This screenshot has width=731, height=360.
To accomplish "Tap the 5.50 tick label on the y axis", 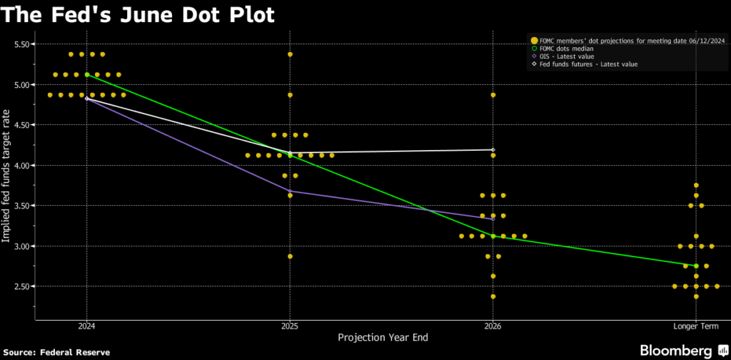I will (24, 44).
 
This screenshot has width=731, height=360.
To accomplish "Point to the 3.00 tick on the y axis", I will (24, 246).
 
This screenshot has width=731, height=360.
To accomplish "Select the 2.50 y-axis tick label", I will (24, 286).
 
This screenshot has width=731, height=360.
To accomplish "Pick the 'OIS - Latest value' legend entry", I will (568, 56).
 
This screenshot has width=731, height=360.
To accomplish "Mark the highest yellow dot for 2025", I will (290, 54).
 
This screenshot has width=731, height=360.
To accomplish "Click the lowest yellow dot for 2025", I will (290, 256).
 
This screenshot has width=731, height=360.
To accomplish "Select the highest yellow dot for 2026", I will (493, 95).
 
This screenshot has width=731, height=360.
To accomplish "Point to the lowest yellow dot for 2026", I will (493, 296).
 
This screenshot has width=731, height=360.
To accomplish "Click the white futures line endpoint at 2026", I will (493, 150).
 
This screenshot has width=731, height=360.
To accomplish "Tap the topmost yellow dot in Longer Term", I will (696, 185).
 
